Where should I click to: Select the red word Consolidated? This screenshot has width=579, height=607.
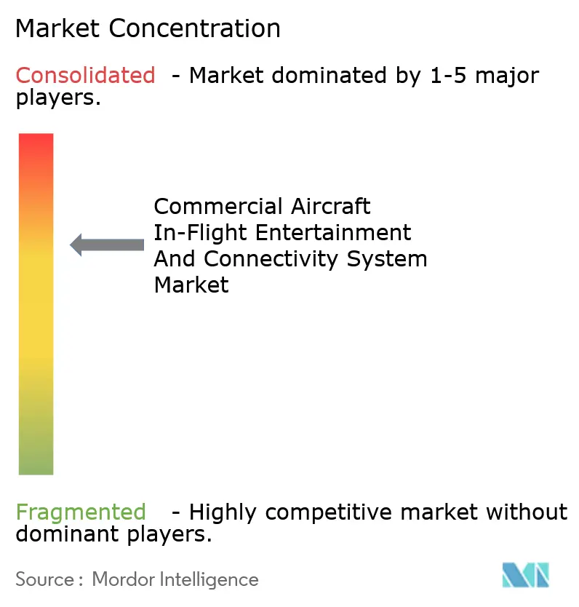[x=85, y=75]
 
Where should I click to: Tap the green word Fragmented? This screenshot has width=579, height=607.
[x=80, y=512]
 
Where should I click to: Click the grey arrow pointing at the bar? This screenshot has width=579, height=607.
[x=107, y=245]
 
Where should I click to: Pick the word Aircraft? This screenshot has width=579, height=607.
[x=331, y=207]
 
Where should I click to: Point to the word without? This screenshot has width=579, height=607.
[x=526, y=512]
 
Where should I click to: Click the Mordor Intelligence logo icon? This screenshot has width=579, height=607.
[x=525, y=576]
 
